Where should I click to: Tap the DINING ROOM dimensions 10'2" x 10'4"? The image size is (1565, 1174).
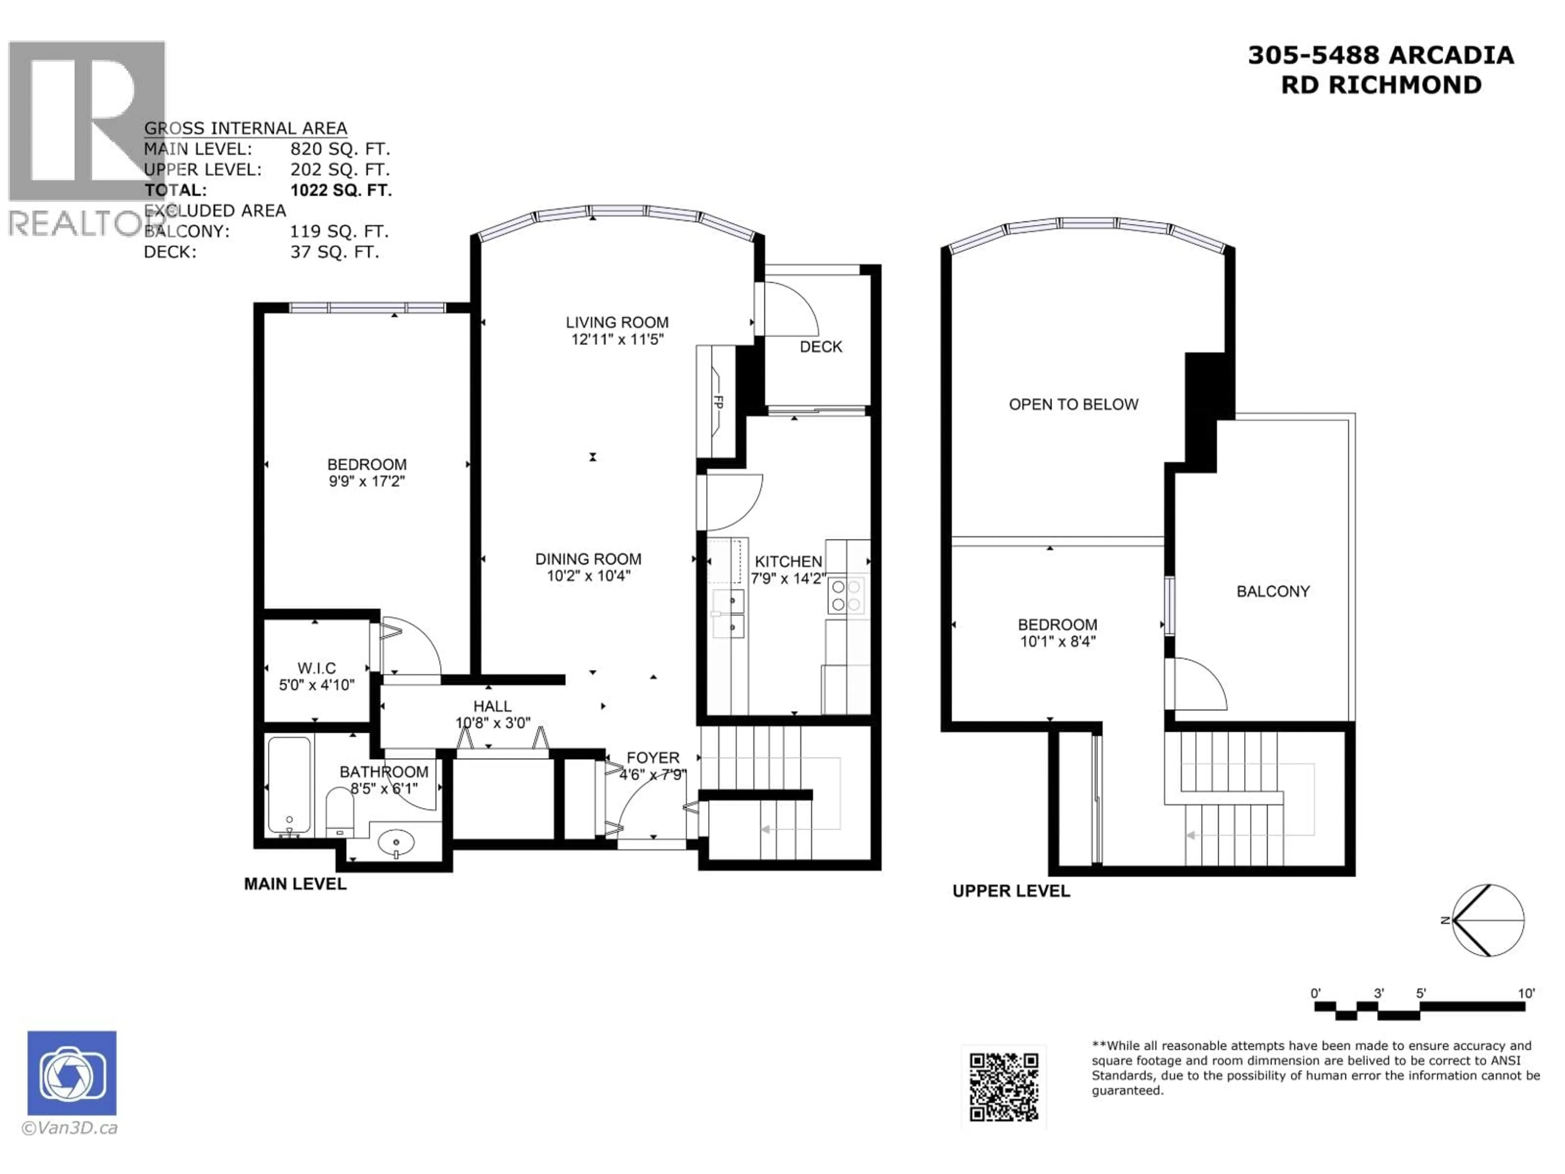pos(588,576)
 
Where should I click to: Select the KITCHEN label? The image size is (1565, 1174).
pos(788,561)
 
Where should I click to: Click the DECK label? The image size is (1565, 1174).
pos(821,347)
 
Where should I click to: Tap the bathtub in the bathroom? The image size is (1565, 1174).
pos(289,786)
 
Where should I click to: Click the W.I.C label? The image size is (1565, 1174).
pos(316,668)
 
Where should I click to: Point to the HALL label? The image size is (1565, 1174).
pos(492,706)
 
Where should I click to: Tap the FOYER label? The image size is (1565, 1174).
pos(652,758)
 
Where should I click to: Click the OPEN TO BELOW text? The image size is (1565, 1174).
pos(1073,404)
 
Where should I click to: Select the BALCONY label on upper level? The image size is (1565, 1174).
pos(1273,591)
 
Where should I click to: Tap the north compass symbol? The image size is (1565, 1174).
pos(1487,920)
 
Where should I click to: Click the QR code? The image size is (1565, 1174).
pos(1003,1087)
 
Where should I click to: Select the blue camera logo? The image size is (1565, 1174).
pos(72,1073)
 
